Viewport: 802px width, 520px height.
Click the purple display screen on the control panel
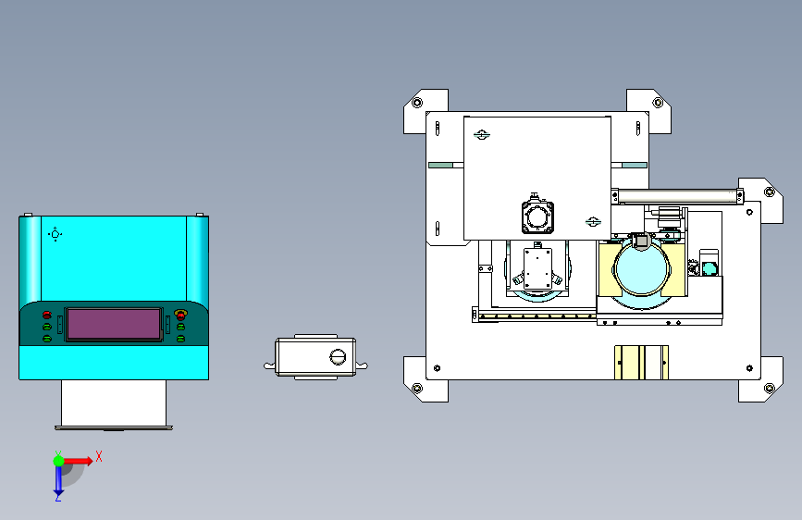click(114, 324)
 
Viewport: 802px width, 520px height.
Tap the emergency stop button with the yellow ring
click(180, 315)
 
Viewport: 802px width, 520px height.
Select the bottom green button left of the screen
click(47, 339)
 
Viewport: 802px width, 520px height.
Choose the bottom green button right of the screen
click(180, 339)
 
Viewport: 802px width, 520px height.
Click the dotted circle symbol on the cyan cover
click(56, 234)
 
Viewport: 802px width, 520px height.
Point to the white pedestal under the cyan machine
click(114, 402)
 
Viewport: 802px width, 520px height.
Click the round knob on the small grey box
click(338, 357)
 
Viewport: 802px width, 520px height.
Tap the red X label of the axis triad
click(99, 456)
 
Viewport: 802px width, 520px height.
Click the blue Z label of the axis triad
click(57, 497)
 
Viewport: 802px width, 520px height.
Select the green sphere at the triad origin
click(59, 461)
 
